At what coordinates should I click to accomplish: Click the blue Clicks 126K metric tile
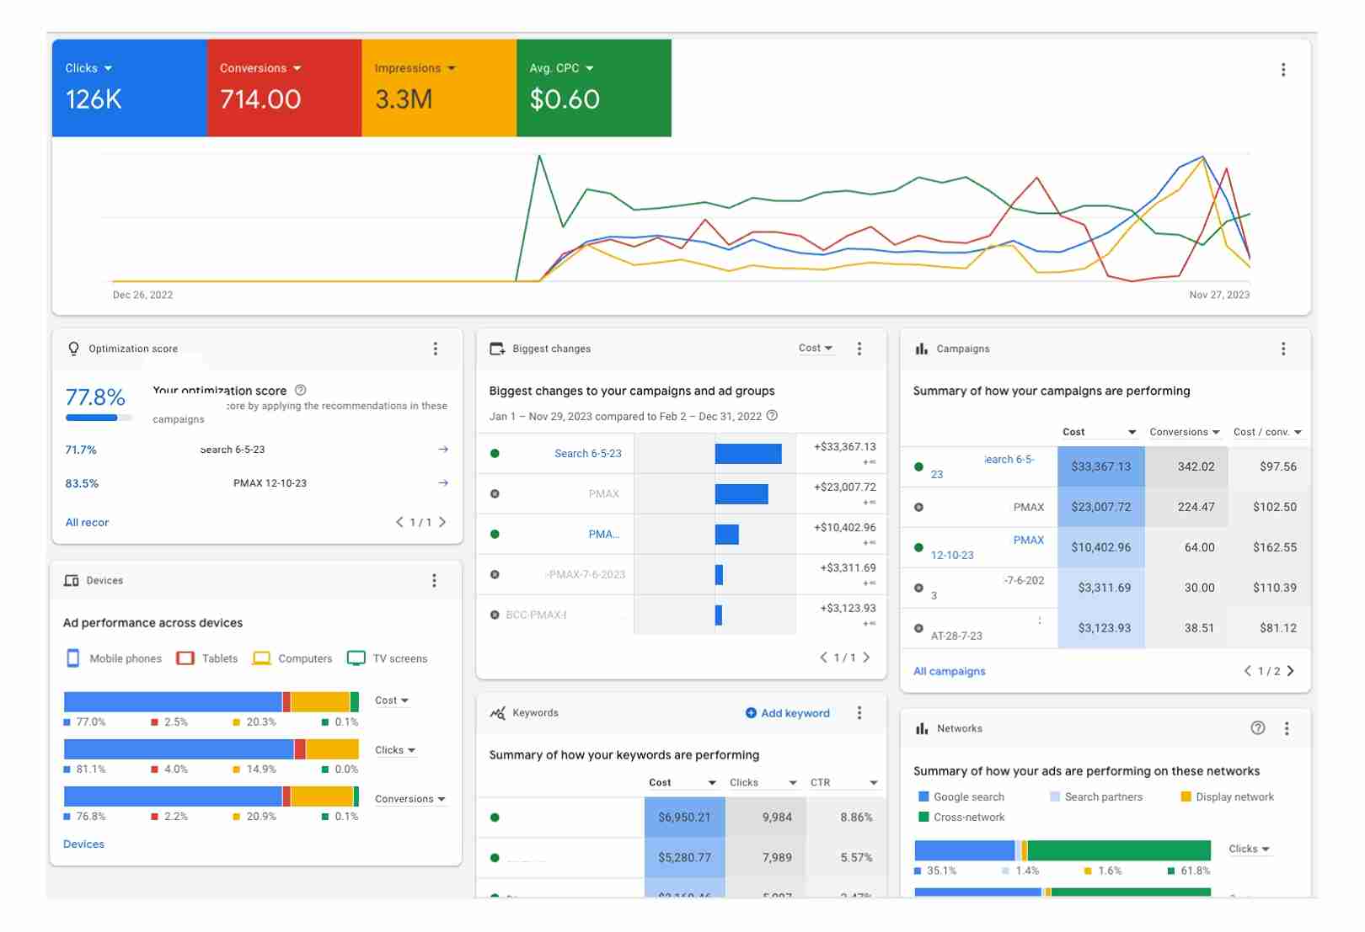129,88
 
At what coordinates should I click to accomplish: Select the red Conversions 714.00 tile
284,88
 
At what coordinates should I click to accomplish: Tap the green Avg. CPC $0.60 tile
593,88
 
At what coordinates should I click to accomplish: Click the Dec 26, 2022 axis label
142,295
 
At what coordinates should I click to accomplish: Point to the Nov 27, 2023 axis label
1218,295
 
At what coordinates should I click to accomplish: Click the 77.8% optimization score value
95,397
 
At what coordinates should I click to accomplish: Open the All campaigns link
949,671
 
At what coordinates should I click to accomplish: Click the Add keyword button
788,713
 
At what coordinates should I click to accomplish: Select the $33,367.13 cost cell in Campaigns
1100,466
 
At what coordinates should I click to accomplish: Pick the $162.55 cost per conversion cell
1274,547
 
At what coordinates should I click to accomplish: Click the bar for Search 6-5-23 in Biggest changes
747,454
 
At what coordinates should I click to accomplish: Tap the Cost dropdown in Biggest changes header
815,348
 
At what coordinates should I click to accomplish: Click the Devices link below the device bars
83,844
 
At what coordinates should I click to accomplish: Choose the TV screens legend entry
388,658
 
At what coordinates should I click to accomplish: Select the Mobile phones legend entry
115,658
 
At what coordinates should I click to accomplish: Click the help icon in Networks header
1257,728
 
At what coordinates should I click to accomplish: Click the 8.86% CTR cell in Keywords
855,817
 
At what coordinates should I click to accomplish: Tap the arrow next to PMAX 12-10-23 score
443,483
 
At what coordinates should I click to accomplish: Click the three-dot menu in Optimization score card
435,349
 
